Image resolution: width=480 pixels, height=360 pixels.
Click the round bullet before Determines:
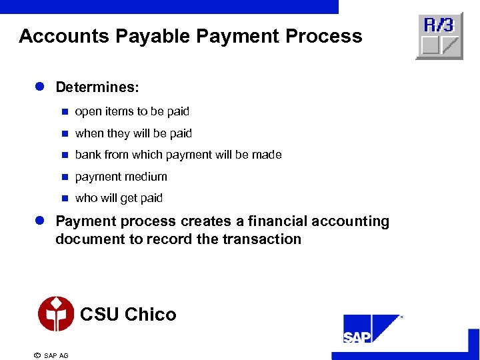(x=39, y=87)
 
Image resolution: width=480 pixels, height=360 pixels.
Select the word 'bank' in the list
(x=87, y=155)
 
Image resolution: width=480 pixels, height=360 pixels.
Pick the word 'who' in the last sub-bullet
(x=86, y=198)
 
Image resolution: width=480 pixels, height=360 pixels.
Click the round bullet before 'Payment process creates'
(x=39, y=221)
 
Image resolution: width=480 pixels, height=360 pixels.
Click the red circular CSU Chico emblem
(x=55, y=314)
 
